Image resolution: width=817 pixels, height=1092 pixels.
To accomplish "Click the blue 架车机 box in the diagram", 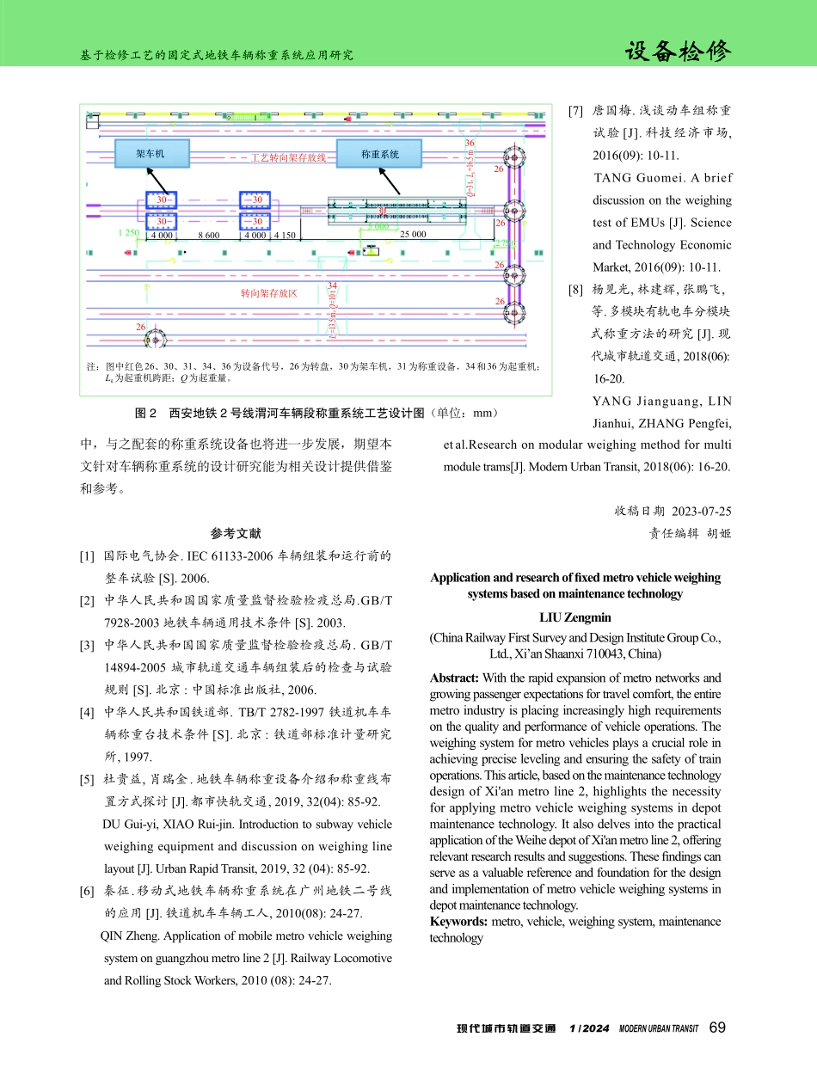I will [150, 154].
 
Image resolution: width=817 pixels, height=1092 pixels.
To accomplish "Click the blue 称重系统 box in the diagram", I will [379, 154].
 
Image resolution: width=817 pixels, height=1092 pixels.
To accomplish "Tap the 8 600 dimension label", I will [209, 235].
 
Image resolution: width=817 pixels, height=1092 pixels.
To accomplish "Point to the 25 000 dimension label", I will [415, 234].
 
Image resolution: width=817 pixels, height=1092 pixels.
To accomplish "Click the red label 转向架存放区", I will [268, 294].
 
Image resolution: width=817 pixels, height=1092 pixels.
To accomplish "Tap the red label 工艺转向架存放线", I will [288, 159].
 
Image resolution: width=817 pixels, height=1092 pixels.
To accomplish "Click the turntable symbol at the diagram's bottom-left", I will [155, 340].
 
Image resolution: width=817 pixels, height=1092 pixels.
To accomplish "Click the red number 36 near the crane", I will [470, 143].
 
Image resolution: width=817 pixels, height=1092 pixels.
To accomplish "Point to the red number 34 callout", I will [332, 285].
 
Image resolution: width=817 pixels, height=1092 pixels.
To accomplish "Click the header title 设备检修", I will [678, 52].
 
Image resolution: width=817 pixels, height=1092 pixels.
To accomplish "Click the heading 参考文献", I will [236, 533].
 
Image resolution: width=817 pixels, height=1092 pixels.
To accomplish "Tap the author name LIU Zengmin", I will [575, 617].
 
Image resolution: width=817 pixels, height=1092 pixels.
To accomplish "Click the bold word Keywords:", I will [458, 922].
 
